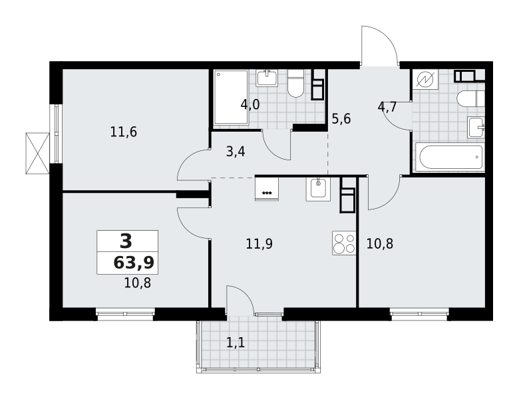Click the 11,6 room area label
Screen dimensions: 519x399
(x=124, y=132)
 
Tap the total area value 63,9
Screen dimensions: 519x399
(x=134, y=263)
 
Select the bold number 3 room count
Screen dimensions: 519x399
(x=126, y=241)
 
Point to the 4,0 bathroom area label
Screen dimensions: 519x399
(x=250, y=104)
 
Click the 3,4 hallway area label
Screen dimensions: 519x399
(x=236, y=152)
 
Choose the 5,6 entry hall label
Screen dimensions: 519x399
(x=341, y=118)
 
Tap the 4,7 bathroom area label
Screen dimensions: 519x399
(x=387, y=107)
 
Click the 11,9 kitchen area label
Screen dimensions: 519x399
(x=259, y=244)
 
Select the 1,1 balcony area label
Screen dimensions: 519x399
(x=236, y=342)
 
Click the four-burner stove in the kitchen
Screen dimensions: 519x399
(x=344, y=243)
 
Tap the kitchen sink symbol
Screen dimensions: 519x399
(x=318, y=190)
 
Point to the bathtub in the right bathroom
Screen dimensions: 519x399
(x=450, y=157)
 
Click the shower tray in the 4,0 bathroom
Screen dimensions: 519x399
(x=231, y=97)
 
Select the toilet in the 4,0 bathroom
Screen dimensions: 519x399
(x=296, y=83)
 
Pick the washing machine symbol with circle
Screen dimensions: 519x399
(x=425, y=79)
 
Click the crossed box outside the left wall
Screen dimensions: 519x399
(x=37, y=153)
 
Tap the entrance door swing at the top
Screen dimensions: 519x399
(x=379, y=45)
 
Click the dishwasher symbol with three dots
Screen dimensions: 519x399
(x=267, y=189)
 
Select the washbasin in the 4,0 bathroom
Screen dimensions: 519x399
(x=267, y=78)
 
